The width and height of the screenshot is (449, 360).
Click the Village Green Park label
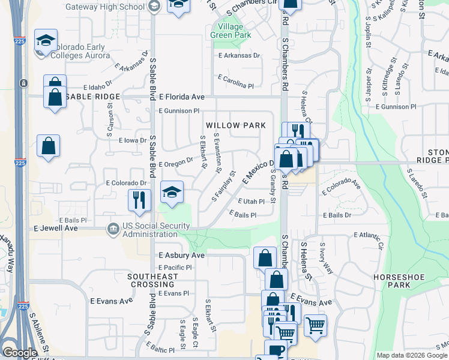[227, 31]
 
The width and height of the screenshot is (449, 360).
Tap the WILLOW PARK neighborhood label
[235, 125]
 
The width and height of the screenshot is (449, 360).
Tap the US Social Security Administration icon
[112, 229]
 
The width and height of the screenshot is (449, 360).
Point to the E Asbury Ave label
[182, 255]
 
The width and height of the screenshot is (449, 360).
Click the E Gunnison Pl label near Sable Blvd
[179, 111]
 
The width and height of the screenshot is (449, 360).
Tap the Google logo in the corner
[20, 353]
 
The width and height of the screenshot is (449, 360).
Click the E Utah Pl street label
[252, 202]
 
